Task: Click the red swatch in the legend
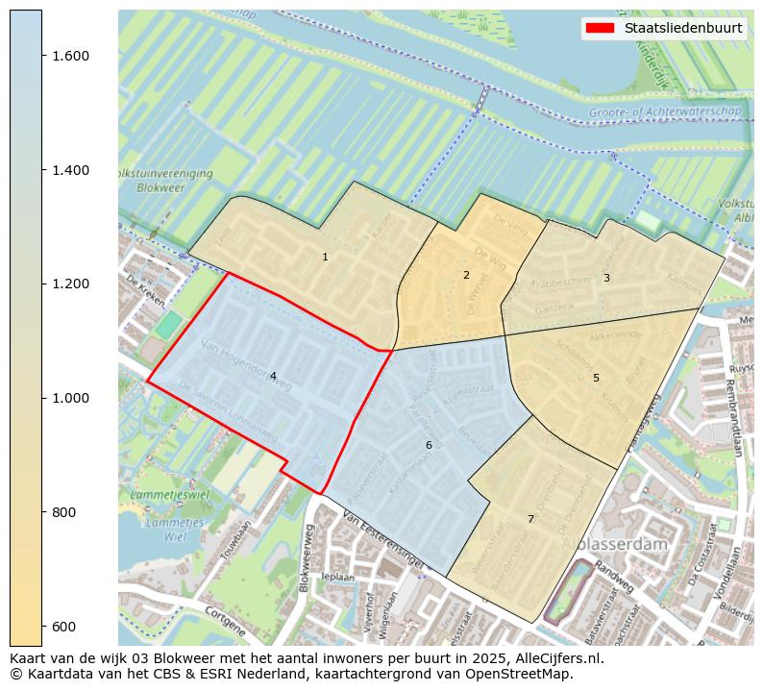point(599,28)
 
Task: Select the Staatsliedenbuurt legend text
point(682,28)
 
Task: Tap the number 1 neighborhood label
point(325,257)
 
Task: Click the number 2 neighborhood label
point(466,275)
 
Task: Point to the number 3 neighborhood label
point(605,278)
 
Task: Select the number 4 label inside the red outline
point(273,377)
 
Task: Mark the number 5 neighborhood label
point(596,378)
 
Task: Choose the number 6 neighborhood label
point(429,445)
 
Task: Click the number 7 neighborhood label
point(530,519)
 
